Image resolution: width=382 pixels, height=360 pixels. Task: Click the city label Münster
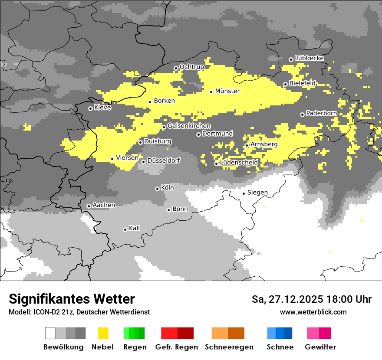227,91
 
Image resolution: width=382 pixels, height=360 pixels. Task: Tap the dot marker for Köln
157,189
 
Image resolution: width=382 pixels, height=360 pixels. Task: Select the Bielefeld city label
302,83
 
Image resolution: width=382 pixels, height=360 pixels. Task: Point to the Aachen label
104,205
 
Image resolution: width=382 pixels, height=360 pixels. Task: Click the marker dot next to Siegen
244,193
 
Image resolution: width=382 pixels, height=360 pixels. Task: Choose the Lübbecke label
309,58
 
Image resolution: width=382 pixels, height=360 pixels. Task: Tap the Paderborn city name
321,114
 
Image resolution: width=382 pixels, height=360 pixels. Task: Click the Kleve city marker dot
90,108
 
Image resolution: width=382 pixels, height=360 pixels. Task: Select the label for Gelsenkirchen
189,126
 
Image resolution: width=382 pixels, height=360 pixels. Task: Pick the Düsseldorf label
163,160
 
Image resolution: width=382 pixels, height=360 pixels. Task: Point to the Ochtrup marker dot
176,68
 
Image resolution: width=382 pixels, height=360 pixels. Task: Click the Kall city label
134,228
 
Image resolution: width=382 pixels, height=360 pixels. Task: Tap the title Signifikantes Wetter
72,299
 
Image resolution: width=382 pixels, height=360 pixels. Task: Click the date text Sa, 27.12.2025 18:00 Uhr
311,299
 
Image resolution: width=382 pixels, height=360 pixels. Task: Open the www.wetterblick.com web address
313,312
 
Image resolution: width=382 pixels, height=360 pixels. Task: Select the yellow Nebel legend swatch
103,333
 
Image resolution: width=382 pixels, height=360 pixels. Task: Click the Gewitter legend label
320,347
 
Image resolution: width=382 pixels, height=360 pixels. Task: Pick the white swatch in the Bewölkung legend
50,333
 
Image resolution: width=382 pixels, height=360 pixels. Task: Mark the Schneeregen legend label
229,347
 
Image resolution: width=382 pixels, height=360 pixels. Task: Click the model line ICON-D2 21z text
79,312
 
